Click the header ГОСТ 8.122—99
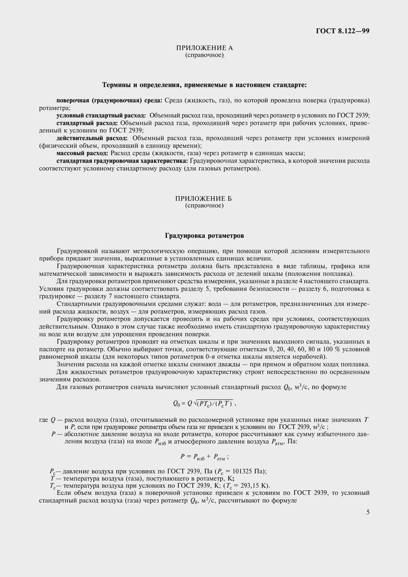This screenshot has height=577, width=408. tap(342, 31)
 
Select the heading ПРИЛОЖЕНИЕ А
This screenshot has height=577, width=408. tap(204, 48)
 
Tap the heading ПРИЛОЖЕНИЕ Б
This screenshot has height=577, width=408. tap(203, 199)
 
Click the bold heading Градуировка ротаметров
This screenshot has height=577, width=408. tap(204, 236)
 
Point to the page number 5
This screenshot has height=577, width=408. tap(368, 512)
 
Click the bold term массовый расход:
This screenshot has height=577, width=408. tap(82, 153)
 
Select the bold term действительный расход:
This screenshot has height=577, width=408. tap(92, 138)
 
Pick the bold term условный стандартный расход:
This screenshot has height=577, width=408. tap(101, 115)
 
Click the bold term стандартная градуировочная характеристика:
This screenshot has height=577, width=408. tap(122, 161)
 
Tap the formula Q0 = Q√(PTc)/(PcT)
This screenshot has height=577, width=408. tap(204, 403)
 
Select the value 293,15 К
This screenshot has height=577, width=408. tap(254, 485)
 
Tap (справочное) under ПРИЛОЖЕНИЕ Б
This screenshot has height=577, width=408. tap(204, 205)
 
